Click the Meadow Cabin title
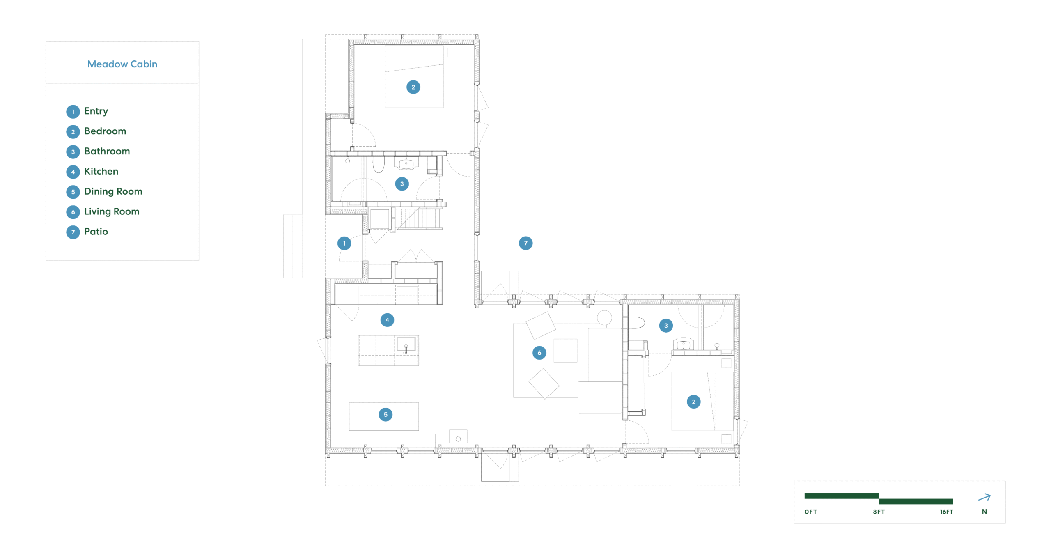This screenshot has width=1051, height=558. click(x=122, y=64)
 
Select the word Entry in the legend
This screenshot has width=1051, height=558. click(x=96, y=111)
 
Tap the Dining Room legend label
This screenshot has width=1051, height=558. click(x=113, y=191)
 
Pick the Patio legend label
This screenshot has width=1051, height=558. click(x=96, y=232)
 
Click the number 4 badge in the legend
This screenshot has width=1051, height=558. click(x=73, y=172)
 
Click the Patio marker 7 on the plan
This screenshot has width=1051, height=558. click(x=525, y=243)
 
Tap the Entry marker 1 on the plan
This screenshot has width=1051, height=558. click(x=344, y=243)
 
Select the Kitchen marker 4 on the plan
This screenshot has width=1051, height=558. click(x=387, y=320)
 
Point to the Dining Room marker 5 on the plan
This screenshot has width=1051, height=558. click(x=386, y=414)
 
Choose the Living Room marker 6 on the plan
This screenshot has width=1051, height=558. click(x=539, y=352)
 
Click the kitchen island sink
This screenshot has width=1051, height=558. click(x=406, y=344)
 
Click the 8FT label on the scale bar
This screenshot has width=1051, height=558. click(x=879, y=512)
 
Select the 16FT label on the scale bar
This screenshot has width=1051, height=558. click(x=946, y=512)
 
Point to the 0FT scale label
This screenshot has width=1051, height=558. click(x=810, y=512)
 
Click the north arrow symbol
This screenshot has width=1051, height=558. click(x=984, y=497)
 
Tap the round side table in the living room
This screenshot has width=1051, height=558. click(x=604, y=317)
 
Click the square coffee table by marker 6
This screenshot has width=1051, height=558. click(x=565, y=350)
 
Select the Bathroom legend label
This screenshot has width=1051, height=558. click(x=107, y=151)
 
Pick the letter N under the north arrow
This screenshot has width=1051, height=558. click(x=984, y=512)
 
